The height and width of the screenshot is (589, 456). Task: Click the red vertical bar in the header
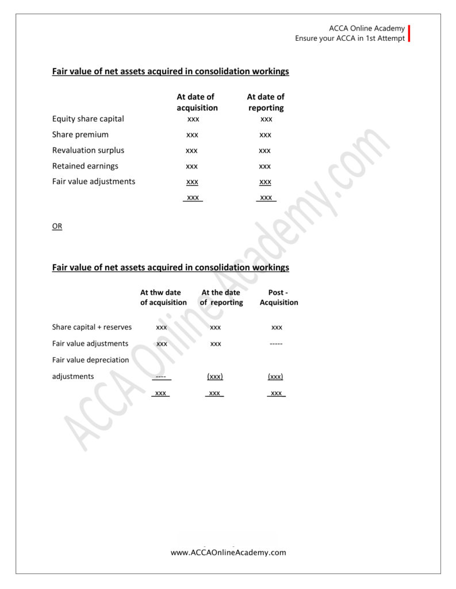click(x=409, y=33)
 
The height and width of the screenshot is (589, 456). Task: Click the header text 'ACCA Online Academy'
click(x=367, y=28)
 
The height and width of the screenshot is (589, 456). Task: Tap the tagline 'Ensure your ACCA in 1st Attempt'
click(x=350, y=39)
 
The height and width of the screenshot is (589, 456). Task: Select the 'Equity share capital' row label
click(x=88, y=119)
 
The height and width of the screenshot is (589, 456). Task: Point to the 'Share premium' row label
click(x=80, y=135)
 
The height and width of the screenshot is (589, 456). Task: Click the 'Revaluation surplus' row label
click(x=88, y=150)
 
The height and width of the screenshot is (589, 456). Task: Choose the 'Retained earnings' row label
click(x=85, y=166)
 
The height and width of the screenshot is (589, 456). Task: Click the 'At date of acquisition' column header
click(x=197, y=102)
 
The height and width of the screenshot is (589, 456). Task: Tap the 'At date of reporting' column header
click(x=266, y=102)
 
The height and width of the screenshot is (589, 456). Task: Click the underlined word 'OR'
click(x=57, y=227)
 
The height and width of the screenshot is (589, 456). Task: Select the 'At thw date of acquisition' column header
click(x=164, y=297)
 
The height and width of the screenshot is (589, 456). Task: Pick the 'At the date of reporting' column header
click(x=221, y=297)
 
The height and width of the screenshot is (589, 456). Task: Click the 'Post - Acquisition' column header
click(x=278, y=297)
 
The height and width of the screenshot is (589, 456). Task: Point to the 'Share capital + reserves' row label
click(x=92, y=327)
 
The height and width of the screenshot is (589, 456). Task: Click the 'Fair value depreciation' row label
click(x=90, y=360)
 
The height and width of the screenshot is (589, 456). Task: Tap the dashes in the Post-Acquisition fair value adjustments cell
click(x=277, y=344)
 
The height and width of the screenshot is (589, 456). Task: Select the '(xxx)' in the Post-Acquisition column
click(x=275, y=377)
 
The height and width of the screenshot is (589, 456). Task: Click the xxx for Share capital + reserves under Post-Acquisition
click(x=277, y=328)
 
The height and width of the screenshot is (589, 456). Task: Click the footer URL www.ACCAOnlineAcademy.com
click(x=228, y=553)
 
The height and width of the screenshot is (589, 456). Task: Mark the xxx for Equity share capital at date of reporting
click(x=266, y=120)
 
